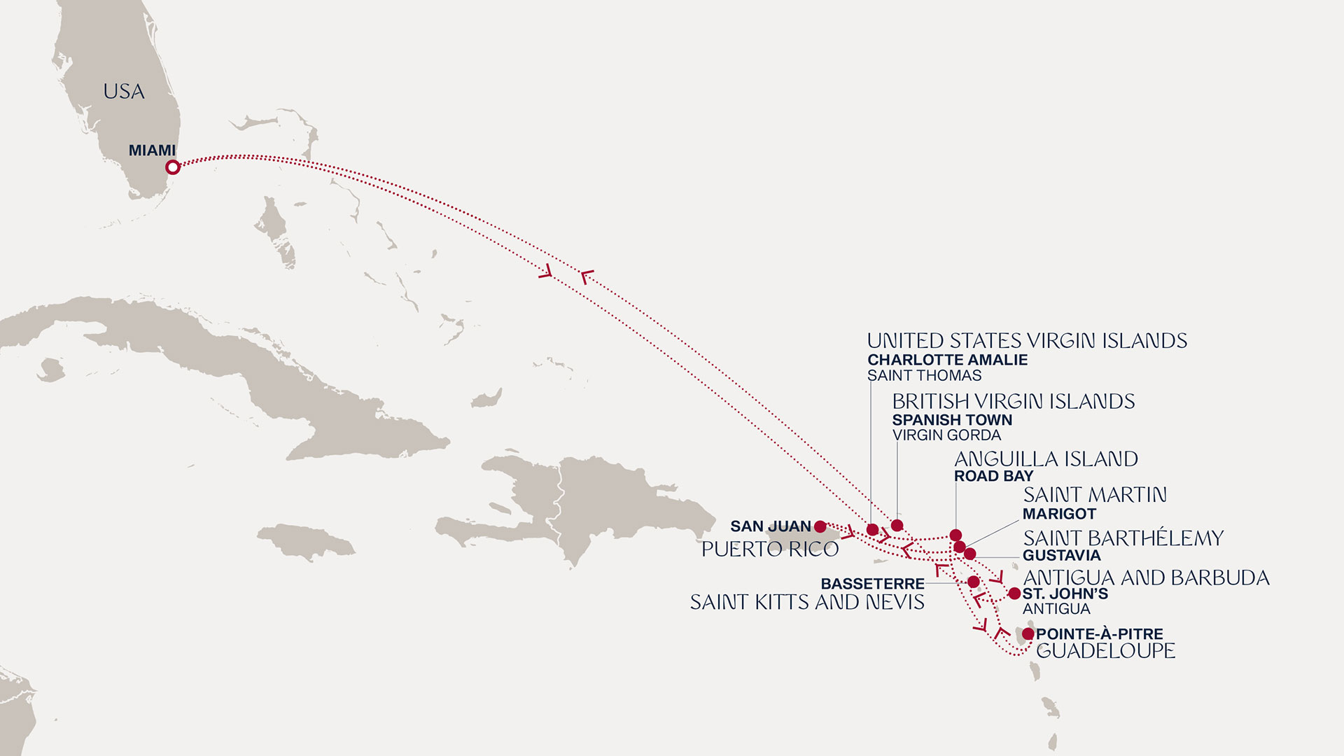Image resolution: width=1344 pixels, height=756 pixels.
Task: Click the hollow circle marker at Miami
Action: [173, 167]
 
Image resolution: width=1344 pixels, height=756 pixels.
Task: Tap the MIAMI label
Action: [152, 150]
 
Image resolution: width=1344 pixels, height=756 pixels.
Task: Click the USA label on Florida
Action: [124, 92]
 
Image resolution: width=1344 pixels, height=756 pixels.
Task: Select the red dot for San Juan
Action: [820, 526]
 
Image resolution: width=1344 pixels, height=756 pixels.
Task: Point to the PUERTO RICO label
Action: [770, 549]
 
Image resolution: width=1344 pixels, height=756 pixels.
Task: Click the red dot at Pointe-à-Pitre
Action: [1028, 634]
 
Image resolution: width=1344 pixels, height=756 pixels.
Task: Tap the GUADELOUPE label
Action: [1105, 651]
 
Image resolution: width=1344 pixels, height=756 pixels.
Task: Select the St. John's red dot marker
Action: [1014, 594]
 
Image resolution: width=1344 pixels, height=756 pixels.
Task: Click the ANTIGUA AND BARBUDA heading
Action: [1146, 578]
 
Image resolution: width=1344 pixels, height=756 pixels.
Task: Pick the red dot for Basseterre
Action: [973, 582]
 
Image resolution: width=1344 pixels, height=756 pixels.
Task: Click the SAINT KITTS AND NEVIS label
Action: [807, 602]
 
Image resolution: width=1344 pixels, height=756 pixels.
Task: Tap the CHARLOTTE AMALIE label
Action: [947, 360]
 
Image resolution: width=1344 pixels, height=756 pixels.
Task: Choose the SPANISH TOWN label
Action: [952, 420]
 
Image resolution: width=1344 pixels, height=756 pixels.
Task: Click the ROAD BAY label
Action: [993, 476]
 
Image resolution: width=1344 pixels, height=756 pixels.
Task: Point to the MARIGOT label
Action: [1059, 514]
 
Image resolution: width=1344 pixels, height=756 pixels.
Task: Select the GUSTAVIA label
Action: [1061, 556]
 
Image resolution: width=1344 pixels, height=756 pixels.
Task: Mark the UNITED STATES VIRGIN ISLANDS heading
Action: [1027, 341]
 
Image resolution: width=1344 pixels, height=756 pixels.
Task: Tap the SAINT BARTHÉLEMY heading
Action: [1123, 538]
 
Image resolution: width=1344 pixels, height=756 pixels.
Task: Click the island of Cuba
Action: [231, 364]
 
